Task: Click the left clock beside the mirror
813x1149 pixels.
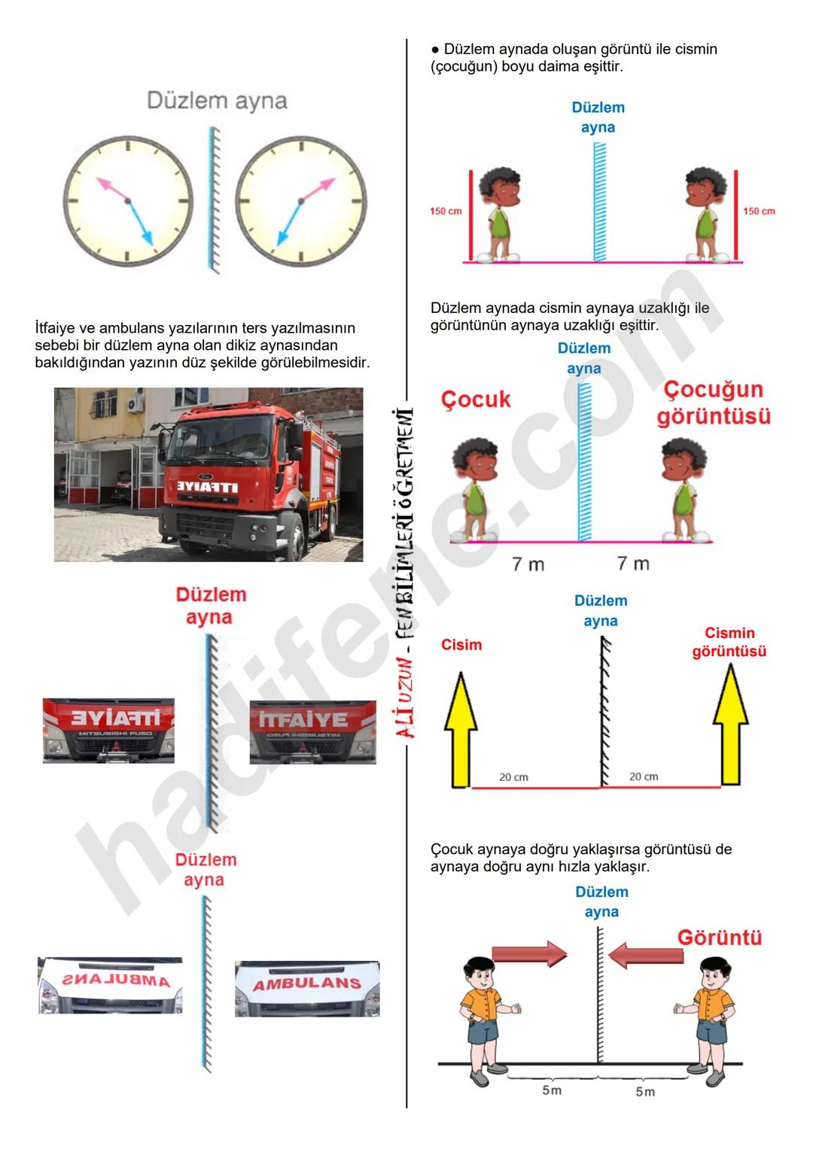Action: click(127, 202)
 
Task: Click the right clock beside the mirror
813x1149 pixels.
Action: click(300, 202)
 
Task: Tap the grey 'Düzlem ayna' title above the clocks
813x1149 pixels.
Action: click(217, 101)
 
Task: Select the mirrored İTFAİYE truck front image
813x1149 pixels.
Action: click(108, 730)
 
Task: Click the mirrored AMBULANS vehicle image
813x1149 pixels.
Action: click(110, 986)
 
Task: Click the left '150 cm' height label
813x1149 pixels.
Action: click(446, 211)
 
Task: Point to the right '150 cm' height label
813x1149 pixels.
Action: click(759, 211)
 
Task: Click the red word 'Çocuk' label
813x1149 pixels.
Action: click(476, 400)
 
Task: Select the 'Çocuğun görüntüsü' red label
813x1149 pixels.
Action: click(714, 403)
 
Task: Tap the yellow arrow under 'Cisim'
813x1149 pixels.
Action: click(460, 728)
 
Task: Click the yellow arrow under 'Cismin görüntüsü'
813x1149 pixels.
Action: click(730, 726)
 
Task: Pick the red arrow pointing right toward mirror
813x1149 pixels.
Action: click(529, 953)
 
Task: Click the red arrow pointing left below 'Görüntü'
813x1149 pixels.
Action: click(645, 956)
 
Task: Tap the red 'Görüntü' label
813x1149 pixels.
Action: click(719, 938)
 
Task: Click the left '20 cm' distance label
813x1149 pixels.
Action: click(513, 777)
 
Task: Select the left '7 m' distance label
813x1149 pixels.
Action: click(528, 564)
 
